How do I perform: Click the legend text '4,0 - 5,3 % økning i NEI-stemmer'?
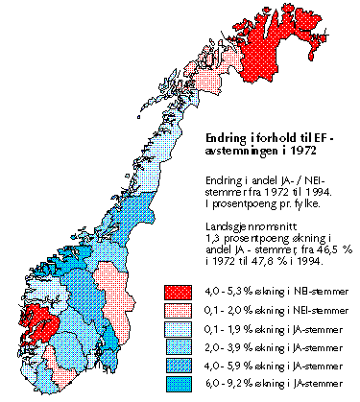click(265, 291)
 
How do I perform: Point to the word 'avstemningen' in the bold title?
click(244, 154)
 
